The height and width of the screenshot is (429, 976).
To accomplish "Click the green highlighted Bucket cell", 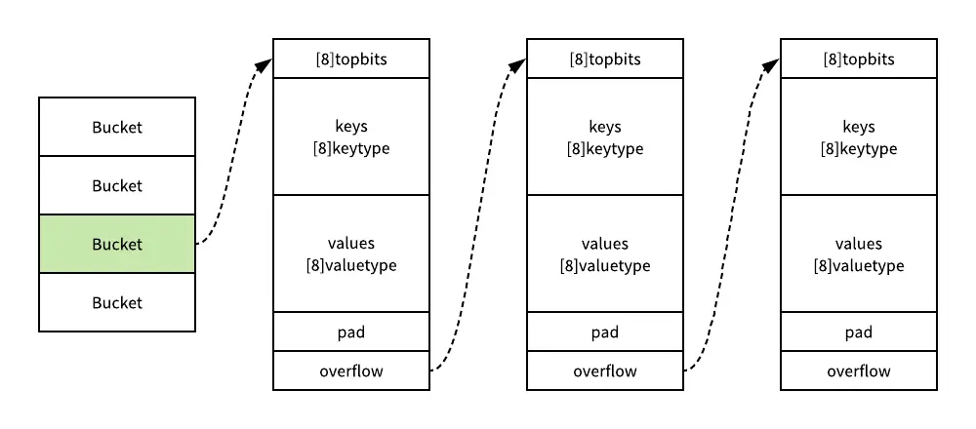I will click(x=117, y=244).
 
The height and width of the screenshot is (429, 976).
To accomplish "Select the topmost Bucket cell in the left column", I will click(x=117, y=127).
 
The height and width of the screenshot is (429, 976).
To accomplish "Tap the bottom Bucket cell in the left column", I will click(x=117, y=302).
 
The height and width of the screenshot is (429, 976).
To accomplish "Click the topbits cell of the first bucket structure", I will click(x=351, y=58).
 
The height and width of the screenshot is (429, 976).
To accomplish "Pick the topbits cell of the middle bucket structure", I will click(x=605, y=58).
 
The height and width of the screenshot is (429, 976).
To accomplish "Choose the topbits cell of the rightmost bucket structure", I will click(x=859, y=58).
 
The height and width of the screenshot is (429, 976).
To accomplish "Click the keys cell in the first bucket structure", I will click(x=351, y=136).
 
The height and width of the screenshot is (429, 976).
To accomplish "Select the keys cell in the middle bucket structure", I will click(x=605, y=136).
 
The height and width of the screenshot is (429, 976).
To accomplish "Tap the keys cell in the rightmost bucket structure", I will click(x=859, y=136).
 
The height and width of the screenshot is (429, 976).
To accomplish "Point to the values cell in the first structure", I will click(x=351, y=253).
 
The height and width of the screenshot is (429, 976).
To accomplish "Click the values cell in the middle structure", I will click(x=605, y=253).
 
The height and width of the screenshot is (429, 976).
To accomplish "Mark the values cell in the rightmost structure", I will click(x=859, y=253).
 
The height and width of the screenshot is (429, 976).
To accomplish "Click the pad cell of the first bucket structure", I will click(x=351, y=331).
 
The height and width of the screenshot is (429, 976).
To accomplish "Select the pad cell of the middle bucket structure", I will click(x=605, y=331).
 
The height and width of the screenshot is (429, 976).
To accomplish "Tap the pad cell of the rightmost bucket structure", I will click(x=859, y=331).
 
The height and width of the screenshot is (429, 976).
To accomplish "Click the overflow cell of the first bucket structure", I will click(x=351, y=370).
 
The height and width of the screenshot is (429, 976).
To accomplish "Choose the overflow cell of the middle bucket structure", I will click(x=605, y=370).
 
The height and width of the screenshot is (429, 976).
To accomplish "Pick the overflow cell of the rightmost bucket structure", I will click(x=859, y=370).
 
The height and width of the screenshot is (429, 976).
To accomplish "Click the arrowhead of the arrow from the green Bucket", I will click(x=265, y=63).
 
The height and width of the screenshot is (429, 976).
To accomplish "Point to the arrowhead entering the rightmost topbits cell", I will click(x=773, y=63).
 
